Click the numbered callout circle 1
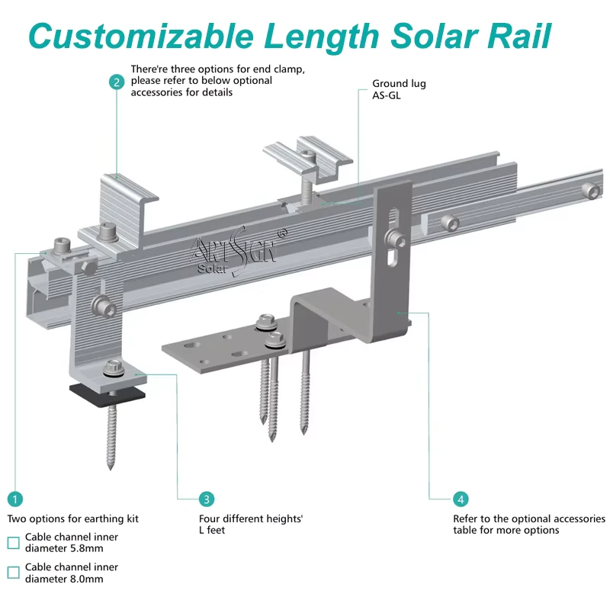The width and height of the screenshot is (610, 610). [15, 499]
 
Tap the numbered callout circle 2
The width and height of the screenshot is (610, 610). [117, 82]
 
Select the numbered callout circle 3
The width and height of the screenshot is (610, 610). [207, 499]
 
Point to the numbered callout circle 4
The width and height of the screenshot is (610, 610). [461, 499]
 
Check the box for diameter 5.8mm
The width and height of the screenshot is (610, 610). [13, 543]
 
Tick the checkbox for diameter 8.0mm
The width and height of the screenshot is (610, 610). [13, 573]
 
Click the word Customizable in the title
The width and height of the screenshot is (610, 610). [141, 36]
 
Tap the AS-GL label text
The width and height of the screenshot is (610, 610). [387, 95]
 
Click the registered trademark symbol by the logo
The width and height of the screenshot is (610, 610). [282, 233]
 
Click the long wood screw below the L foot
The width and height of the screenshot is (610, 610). [112, 435]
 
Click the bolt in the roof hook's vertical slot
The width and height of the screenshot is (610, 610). [395, 238]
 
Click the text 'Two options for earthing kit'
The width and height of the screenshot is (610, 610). [73, 519]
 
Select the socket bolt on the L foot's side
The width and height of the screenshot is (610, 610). [104, 305]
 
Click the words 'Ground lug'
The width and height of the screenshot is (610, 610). [399, 84]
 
